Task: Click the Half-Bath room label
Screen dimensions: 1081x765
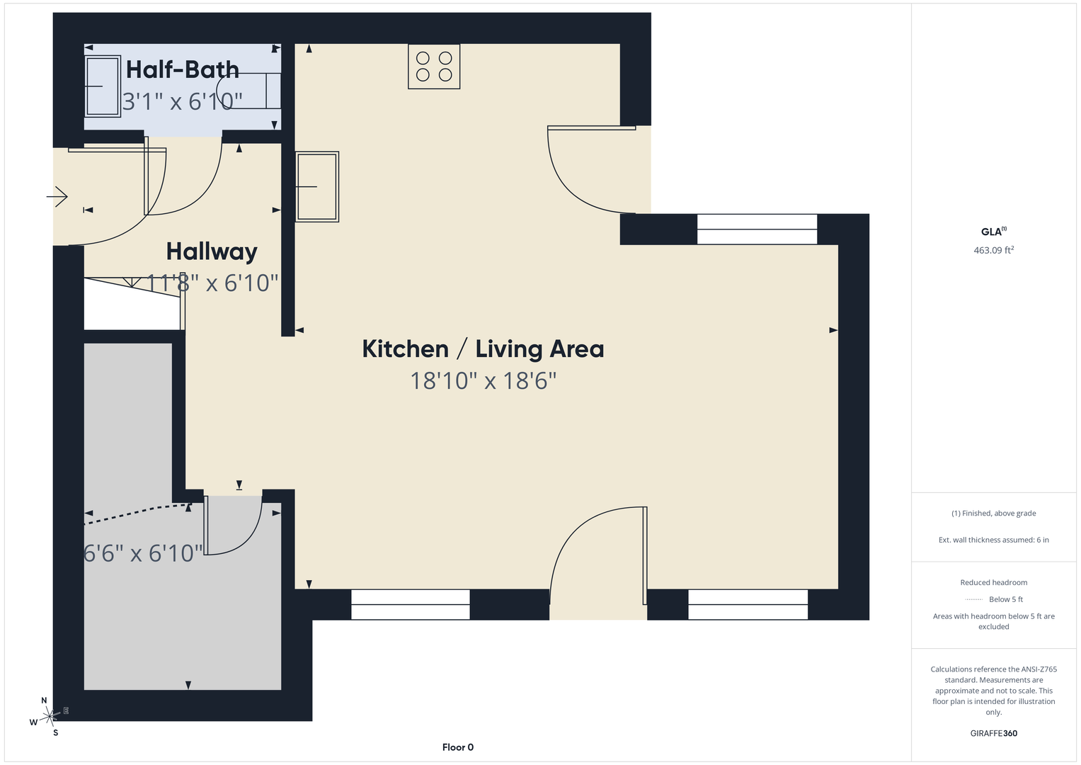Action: coord(183,69)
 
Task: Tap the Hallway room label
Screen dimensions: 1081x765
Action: coord(212,251)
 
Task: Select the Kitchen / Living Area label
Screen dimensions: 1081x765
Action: coord(483,348)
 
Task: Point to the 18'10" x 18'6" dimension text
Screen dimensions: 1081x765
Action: coord(483,380)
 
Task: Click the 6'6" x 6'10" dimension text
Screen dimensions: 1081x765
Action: coord(143,553)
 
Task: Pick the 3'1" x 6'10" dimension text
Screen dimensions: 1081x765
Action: coord(182,101)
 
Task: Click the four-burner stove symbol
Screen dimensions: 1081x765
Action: coord(434,67)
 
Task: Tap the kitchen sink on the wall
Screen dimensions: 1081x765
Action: coord(317,187)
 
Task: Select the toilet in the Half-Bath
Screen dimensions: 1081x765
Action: coord(248,91)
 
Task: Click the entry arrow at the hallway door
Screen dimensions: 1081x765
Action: coord(57,197)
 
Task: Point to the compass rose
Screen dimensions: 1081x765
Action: coord(49,716)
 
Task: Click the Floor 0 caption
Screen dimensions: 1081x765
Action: coord(458,747)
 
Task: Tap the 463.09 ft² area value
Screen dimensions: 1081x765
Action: coord(994,249)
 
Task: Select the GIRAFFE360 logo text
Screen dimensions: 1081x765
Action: coord(994,733)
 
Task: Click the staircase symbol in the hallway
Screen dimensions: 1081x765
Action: coord(135,303)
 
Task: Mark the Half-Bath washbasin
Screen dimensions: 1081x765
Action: coord(103,86)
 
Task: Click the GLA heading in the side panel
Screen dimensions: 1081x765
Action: coord(994,232)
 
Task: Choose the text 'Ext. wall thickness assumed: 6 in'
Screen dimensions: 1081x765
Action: coord(994,540)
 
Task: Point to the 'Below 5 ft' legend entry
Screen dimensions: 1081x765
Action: coord(994,599)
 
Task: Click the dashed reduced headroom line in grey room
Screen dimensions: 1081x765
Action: coord(137,513)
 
